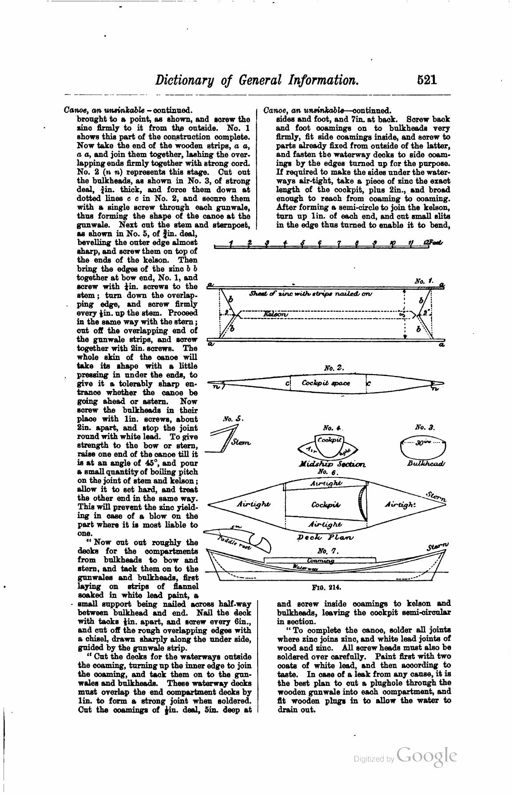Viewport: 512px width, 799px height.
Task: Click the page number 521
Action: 427,80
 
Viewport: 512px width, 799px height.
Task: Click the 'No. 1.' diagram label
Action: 420,281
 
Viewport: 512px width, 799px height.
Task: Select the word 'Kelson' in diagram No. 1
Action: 275,314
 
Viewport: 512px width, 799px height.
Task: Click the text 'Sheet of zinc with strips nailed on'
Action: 311,293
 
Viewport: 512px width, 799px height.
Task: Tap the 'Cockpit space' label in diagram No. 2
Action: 325,383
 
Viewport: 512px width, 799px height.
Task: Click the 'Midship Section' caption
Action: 332,464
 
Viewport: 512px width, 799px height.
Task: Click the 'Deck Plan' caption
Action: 325,537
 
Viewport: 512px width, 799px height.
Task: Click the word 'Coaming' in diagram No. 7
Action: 321,561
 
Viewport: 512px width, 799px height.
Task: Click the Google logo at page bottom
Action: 427,756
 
